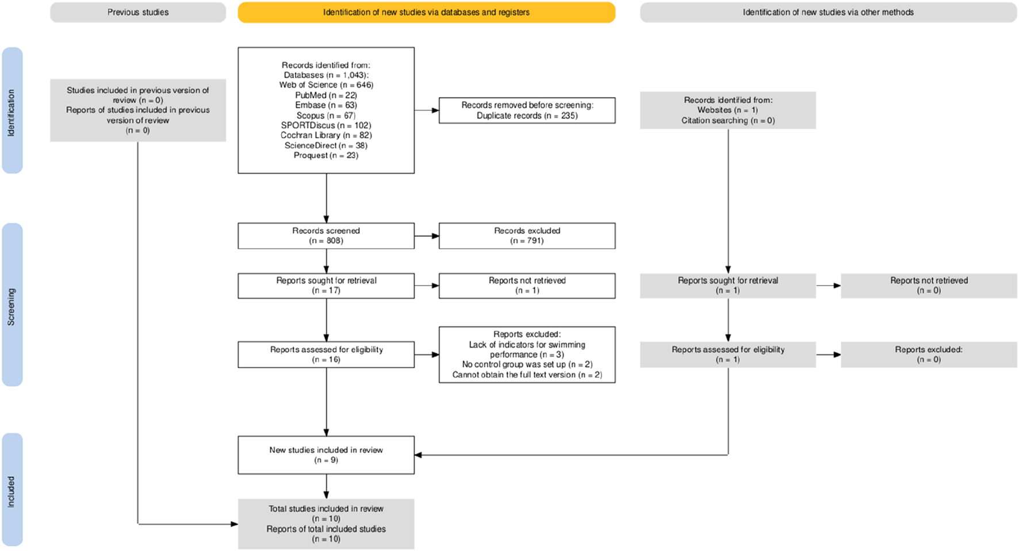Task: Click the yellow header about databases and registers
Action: pos(426,12)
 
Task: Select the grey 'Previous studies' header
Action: pos(138,12)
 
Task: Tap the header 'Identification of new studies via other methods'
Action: pos(828,12)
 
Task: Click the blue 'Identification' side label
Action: pos(12,110)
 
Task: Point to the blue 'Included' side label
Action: pos(12,490)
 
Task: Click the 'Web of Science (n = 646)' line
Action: pos(326,85)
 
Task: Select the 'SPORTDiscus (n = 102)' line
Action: pos(326,125)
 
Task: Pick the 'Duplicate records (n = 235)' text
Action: pos(527,115)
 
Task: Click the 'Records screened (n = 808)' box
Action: pos(326,236)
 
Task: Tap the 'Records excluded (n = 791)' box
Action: pos(527,236)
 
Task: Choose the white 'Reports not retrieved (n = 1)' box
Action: pos(527,286)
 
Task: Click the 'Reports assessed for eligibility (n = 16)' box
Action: pos(326,355)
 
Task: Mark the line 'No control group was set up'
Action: pos(527,364)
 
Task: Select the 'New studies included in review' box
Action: pos(326,455)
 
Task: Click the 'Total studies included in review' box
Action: pos(326,523)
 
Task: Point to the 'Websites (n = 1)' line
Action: pos(727,110)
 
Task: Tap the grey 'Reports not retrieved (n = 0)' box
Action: pos(929,286)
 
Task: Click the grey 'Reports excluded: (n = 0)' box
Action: pos(929,355)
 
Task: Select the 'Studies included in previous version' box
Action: pos(138,110)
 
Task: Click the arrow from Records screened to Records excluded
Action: pos(426,236)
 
